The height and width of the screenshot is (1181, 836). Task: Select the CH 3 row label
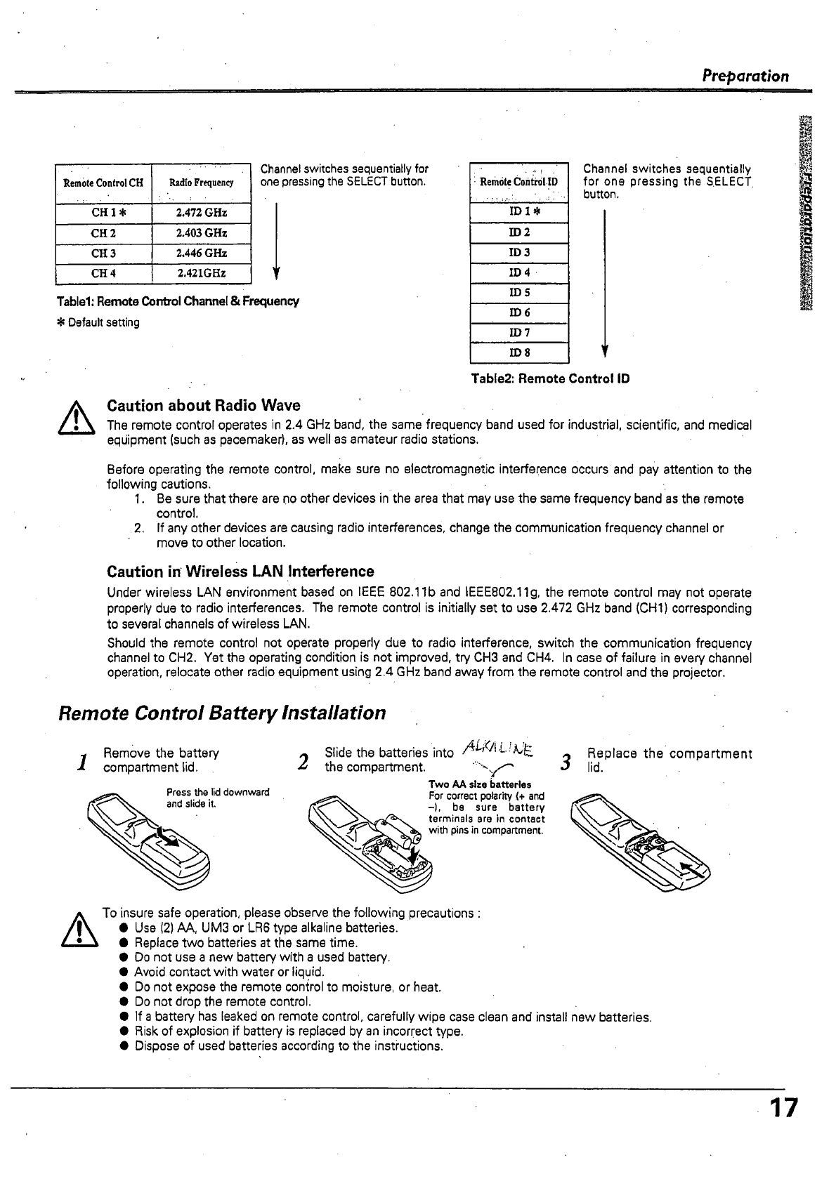click(x=103, y=253)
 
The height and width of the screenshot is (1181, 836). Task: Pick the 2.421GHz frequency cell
click(x=201, y=273)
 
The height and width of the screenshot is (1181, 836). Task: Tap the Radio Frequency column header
click(x=201, y=183)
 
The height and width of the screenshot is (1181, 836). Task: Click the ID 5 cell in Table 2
click(x=519, y=293)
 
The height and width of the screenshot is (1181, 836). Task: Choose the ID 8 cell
click(x=519, y=352)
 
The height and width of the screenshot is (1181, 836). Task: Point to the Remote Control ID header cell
click(x=518, y=182)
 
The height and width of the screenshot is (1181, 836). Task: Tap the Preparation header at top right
click(x=746, y=76)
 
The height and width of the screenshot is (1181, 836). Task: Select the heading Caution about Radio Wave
click(x=203, y=406)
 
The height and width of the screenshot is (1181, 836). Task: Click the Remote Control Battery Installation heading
click(x=222, y=713)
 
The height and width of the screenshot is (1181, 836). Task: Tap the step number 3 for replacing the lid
click(x=564, y=761)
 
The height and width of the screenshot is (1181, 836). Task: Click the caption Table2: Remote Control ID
click(x=550, y=379)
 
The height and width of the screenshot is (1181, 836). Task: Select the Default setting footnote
click(x=98, y=323)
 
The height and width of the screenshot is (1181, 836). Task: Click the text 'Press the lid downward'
click(x=218, y=793)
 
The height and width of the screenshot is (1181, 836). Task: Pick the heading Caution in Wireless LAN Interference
click(x=240, y=572)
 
